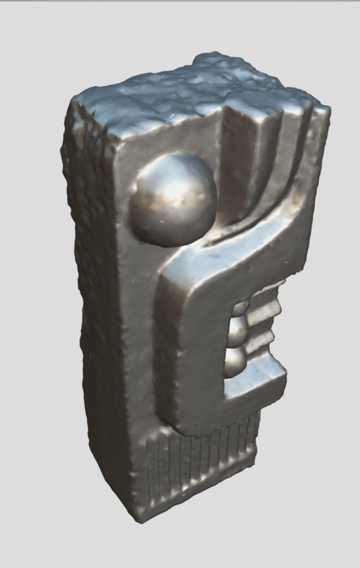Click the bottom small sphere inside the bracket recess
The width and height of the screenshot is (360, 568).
(x=236, y=363)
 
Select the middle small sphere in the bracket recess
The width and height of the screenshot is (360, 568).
(x=239, y=330)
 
